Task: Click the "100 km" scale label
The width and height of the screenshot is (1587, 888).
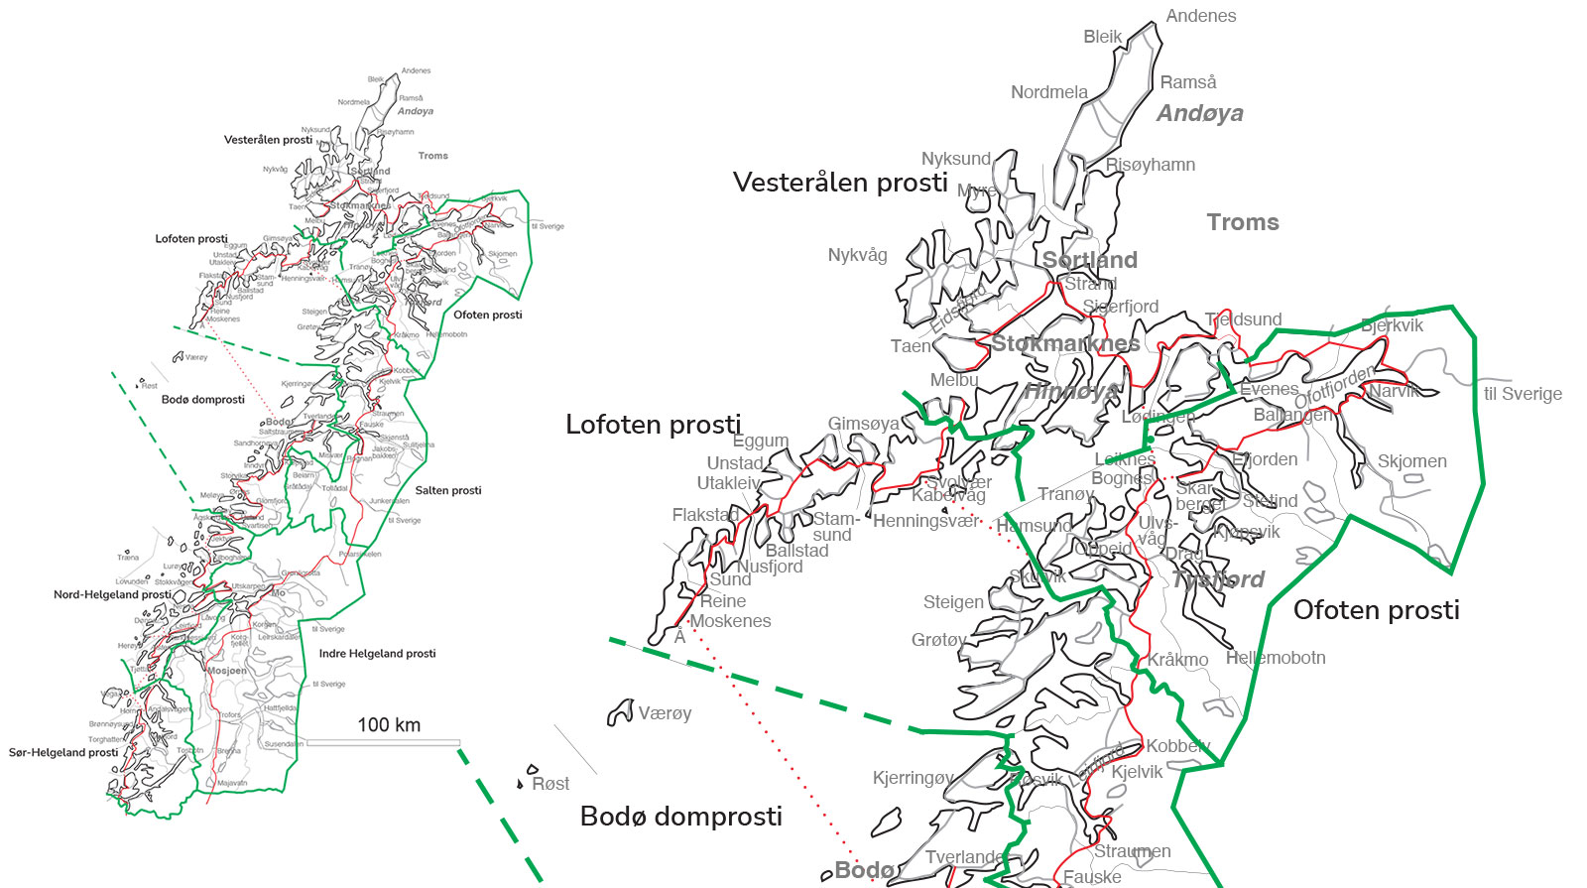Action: pyautogui.click(x=389, y=724)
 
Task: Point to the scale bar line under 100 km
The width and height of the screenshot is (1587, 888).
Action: pyautogui.click(x=383, y=742)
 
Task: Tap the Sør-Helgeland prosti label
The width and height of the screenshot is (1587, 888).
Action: pyautogui.click(x=63, y=752)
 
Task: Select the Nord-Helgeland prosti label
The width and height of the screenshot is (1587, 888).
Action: pyautogui.click(x=112, y=594)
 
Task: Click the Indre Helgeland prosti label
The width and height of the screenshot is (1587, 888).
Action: pyautogui.click(x=377, y=653)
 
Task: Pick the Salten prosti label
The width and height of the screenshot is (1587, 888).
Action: pyautogui.click(x=448, y=490)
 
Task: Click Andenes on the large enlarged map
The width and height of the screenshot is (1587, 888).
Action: pyautogui.click(x=1200, y=16)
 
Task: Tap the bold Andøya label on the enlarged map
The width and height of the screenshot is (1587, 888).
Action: pyautogui.click(x=1199, y=113)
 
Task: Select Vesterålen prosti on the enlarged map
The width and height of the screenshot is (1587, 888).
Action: pyautogui.click(x=840, y=183)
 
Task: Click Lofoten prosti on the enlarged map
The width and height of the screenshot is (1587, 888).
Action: pyautogui.click(x=653, y=425)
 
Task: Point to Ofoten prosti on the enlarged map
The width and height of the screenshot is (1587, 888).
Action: pyautogui.click(x=1376, y=610)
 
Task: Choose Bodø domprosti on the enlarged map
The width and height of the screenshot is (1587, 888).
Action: pyautogui.click(x=680, y=817)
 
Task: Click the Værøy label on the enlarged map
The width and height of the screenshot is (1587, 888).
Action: pyautogui.click(x=665, y=713)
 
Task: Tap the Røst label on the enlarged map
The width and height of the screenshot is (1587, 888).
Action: pyautogui.click(x=550, y=784)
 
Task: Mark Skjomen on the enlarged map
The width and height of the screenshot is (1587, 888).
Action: pyautogui.click(x=1411, y=461)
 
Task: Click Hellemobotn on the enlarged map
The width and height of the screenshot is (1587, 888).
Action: pyautogui.click(x=1276, y=658)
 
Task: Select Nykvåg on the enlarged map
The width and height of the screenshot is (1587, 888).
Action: pyautogui.click(x=857, y=255)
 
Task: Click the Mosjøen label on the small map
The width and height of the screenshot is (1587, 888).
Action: pyautogui.click(x=227, y=671)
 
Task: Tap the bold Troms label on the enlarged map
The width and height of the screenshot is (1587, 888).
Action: pyautogui.click(x=1243, y=222)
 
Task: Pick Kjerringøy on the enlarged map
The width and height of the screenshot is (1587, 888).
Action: pyautogui.click(x=913, y=778)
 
